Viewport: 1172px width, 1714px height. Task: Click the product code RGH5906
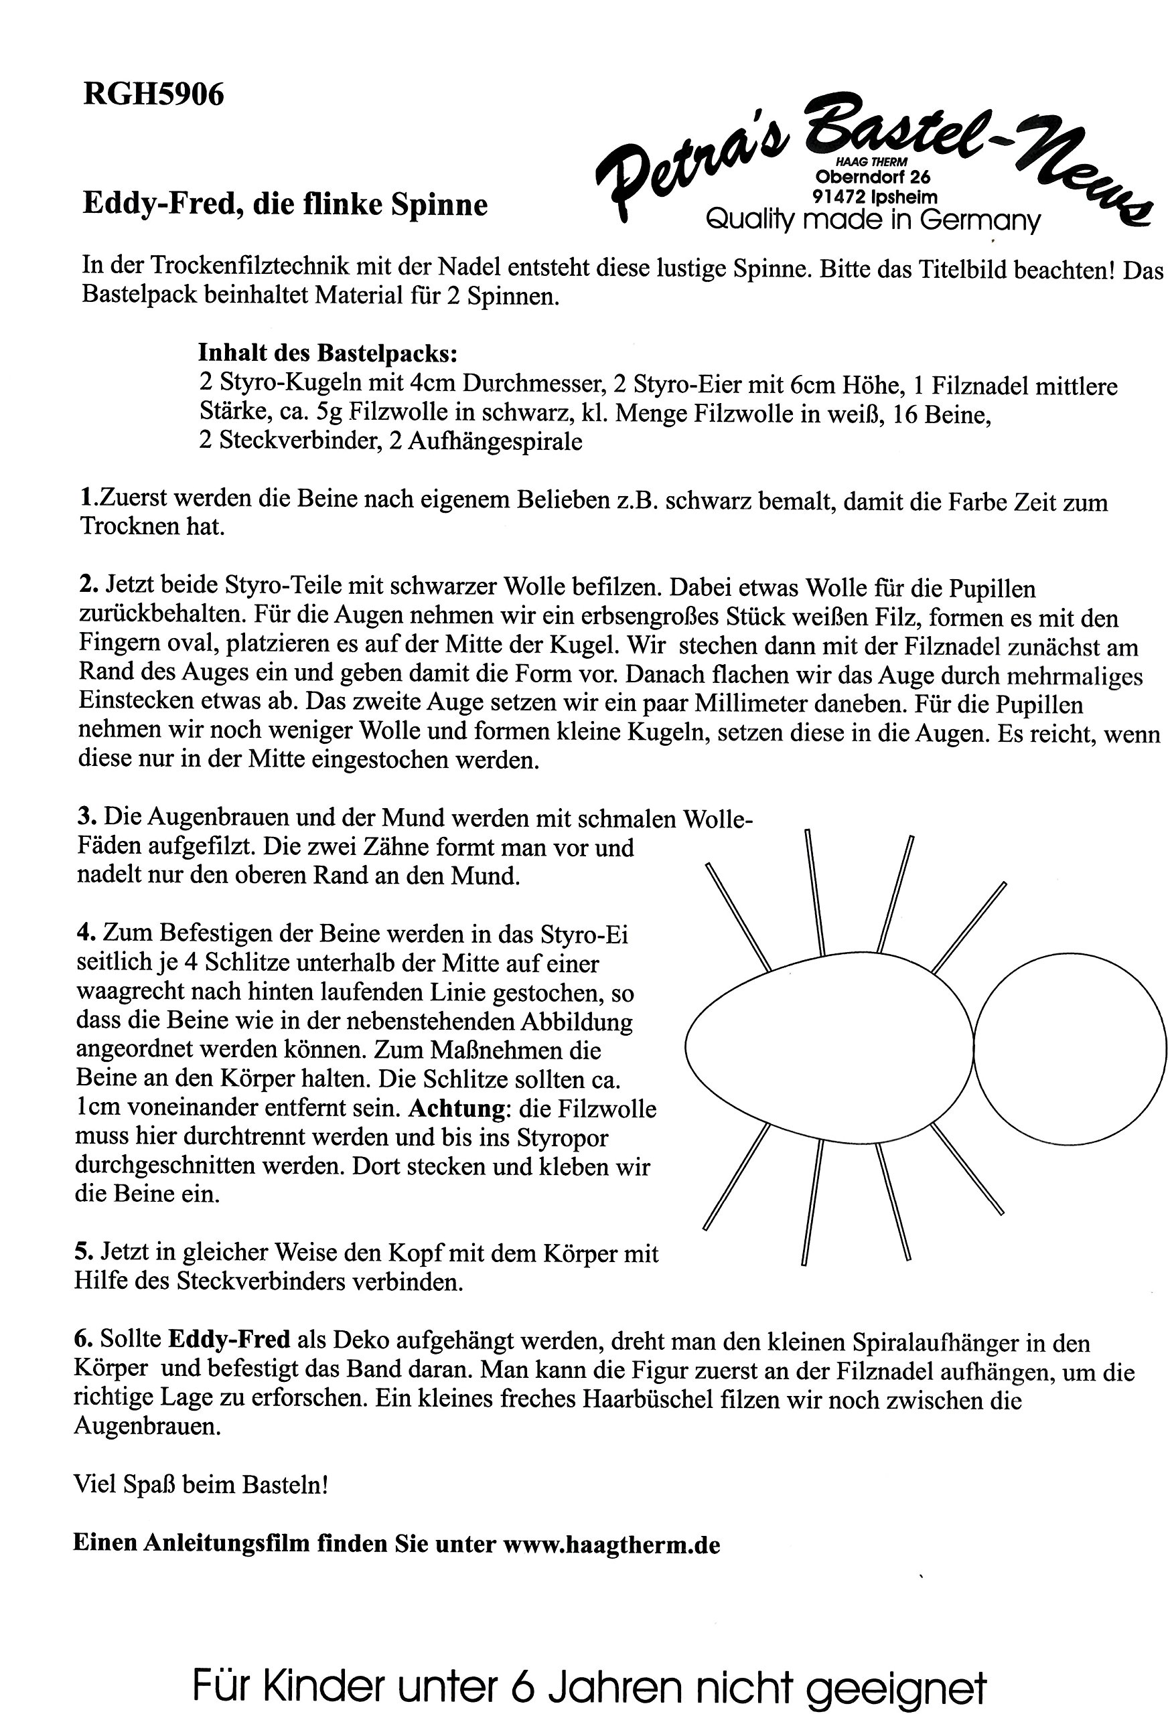pos(153,95)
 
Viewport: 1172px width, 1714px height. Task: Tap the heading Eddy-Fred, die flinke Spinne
pos(285,204)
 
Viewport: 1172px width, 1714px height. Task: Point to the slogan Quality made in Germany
pos(873,220)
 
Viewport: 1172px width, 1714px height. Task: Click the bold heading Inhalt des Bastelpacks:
pos(327,354)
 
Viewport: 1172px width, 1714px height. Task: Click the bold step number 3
pos(86,817)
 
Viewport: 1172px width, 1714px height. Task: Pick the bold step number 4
pos(85,934)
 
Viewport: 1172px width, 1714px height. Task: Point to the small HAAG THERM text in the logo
pos(871,162)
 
